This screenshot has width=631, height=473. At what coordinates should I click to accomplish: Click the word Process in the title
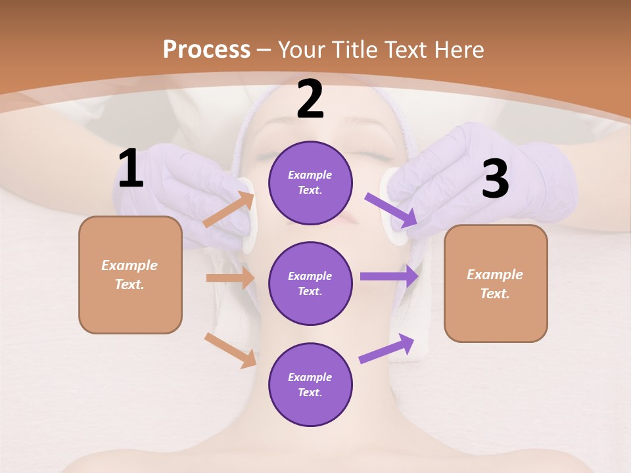(x=206, y=49)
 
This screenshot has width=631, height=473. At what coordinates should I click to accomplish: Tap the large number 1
(x=131, y=169)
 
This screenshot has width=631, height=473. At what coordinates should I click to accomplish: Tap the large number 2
(x=310, y=99)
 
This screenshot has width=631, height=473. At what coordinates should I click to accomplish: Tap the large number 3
(x=495, y=180)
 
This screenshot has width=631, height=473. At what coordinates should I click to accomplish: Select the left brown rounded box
(x=130, y=275)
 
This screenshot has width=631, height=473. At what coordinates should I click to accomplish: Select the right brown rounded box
(x=496, y=283)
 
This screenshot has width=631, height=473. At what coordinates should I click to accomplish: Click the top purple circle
(x=310, y=183)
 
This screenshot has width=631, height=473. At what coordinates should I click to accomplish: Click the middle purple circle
(x=310, y=283)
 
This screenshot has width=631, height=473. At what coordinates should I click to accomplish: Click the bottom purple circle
(x=310, y=384)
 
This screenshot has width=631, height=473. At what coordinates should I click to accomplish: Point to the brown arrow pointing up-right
(x=229, y=210)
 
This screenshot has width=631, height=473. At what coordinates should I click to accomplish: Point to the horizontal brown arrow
(x=230, y=278)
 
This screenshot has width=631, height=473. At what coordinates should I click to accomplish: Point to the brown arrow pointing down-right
(x=230, y=350)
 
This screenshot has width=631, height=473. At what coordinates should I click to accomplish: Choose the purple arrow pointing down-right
(x=391, y=210)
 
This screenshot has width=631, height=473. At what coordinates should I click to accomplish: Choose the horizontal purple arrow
(x=389, y=277)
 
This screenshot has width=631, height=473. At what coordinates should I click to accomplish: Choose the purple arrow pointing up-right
(x=386, y=349)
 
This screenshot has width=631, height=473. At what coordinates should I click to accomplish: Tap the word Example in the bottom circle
(x=310, y=377)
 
